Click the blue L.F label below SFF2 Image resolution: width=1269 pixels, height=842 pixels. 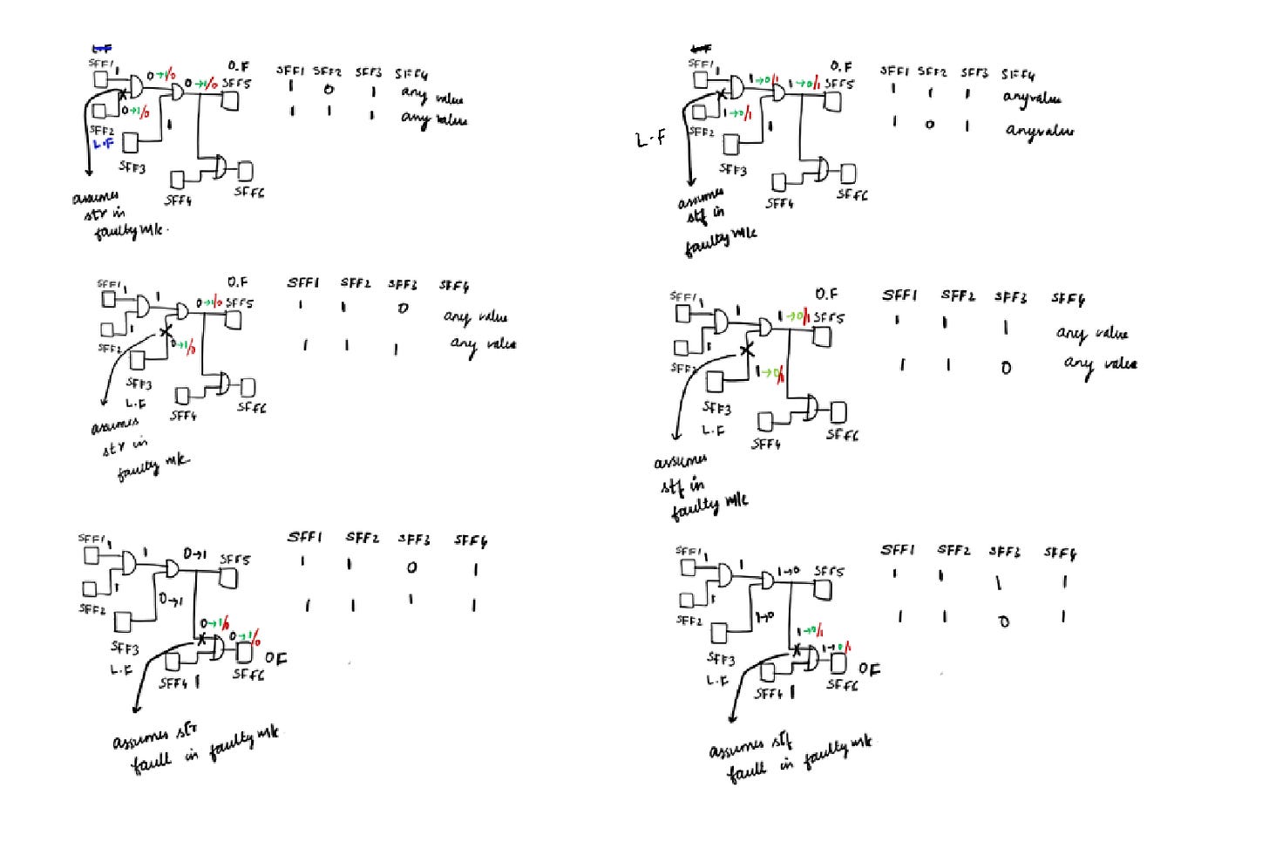[103, 144]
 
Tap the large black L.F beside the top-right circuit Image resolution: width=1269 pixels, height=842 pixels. [651, 139]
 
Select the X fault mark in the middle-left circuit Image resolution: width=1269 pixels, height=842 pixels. [166, 332]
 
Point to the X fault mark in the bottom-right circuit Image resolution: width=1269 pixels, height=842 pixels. [796, 648]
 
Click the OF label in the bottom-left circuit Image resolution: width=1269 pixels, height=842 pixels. [275, 659]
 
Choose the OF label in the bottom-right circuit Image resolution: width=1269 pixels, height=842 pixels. [869, 669]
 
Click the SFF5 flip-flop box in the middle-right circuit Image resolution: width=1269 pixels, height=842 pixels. [823, 336]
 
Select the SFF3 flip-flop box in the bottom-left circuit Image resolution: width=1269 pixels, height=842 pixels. [124, 621]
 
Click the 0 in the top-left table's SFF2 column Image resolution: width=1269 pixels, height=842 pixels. [329, 90]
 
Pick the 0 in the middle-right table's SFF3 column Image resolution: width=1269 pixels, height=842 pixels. [1006, 368]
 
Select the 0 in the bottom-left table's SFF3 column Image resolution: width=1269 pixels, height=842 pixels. [411, 567]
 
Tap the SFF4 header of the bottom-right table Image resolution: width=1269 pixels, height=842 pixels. [1060, 553]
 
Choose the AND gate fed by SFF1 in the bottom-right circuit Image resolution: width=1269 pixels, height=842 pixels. [726, 576]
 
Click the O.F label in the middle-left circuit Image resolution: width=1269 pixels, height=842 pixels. [237, 282]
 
